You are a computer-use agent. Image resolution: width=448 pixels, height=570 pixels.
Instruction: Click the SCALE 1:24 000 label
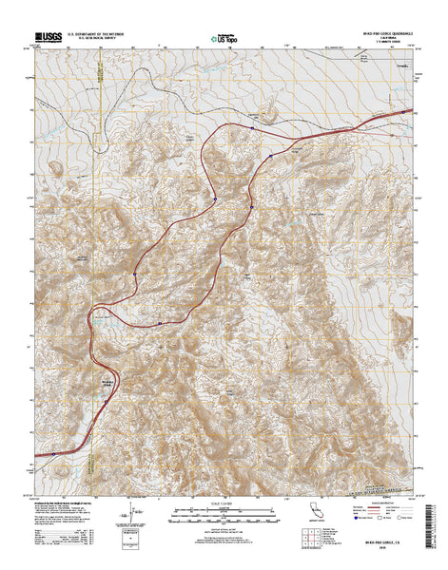224,506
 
